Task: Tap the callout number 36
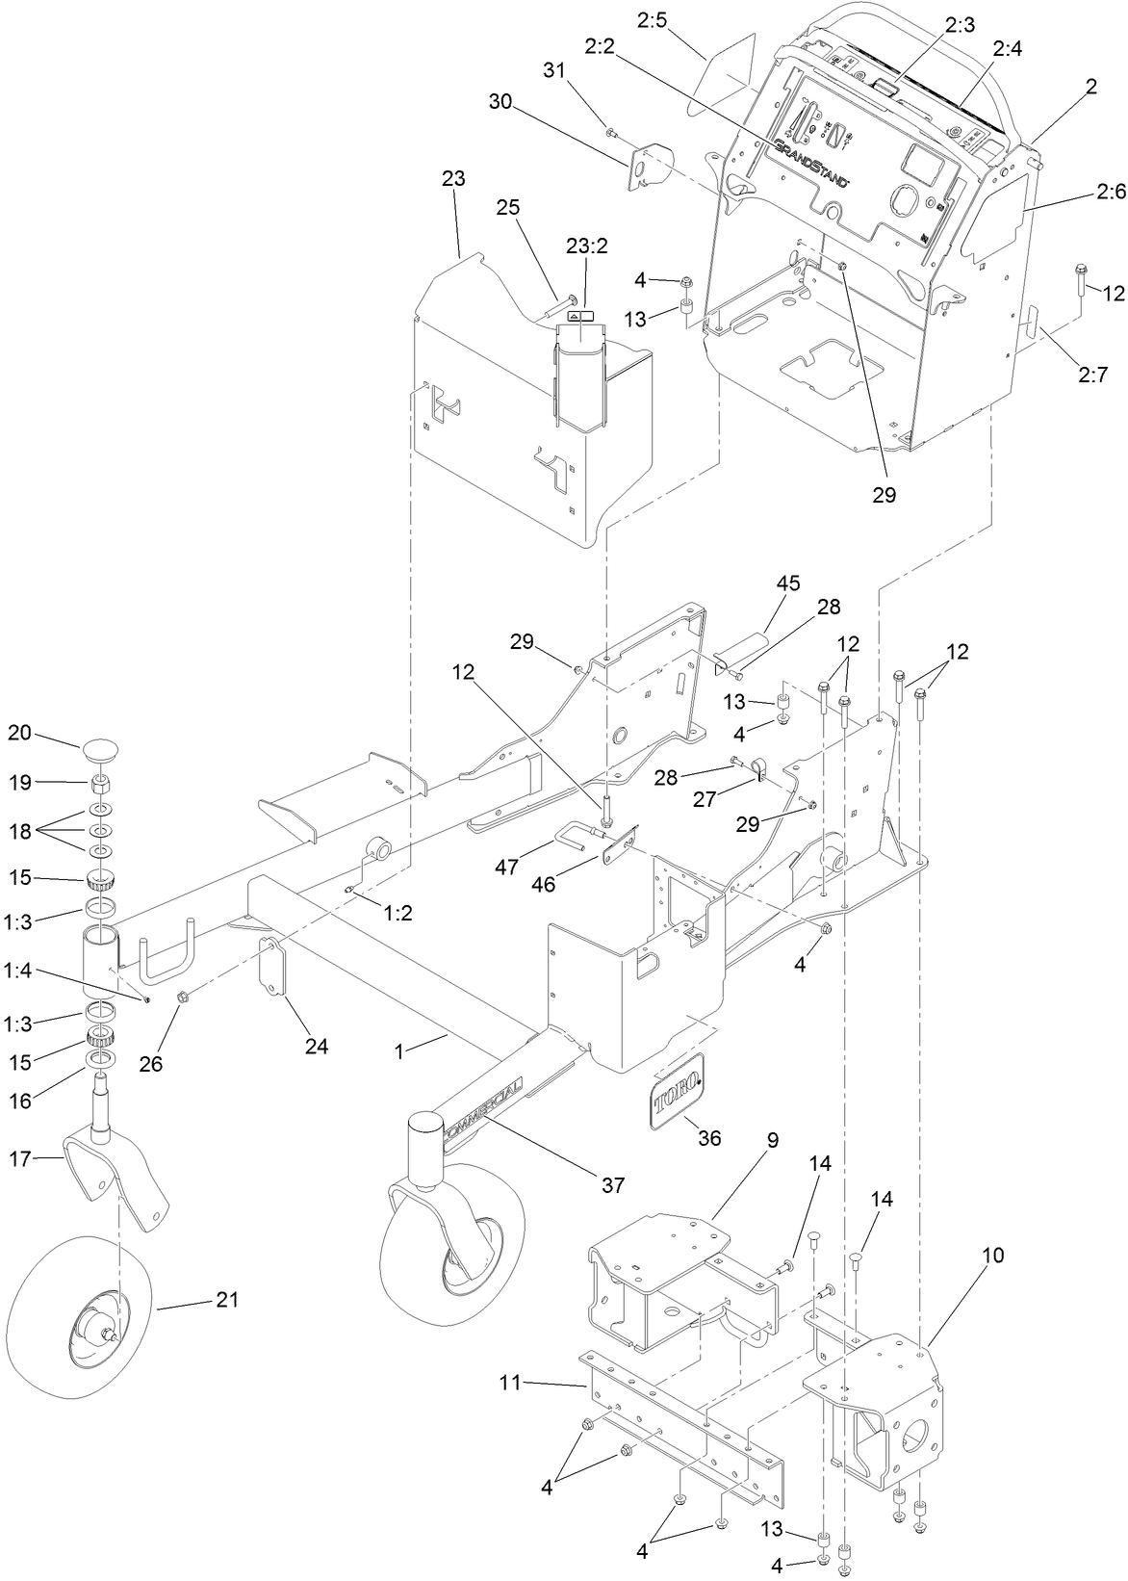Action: click(x=709, y=1138)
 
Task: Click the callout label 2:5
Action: click(x=652, y=19)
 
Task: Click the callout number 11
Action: click(x=510, y=1384)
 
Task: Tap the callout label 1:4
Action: click(x=20, y=973)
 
